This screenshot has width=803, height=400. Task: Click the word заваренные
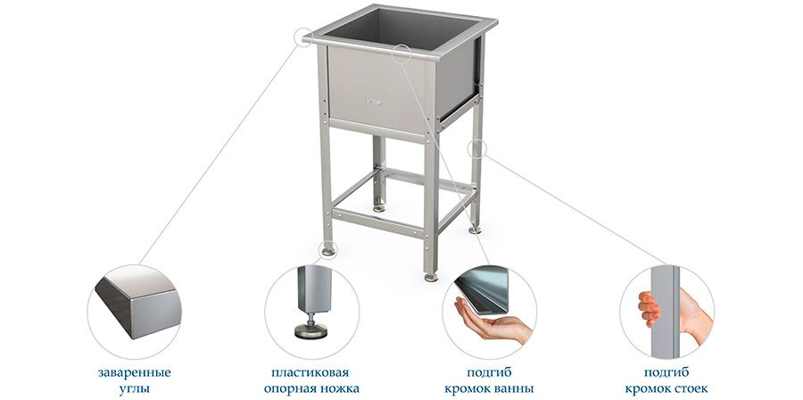pyautogui.click(x=134, y=372)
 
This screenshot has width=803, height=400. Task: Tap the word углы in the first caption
pyautogui.click(x=134, y=388)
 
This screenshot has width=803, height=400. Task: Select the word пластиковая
pyautogui.click(x=310, y=372)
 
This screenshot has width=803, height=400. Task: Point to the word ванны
pyautogui.click(x=513, y=388)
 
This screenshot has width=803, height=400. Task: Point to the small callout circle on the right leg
pyautogui.click(x=476, y=148)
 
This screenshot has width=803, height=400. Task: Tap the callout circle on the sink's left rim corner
pyautogui.click(x=303, y=37)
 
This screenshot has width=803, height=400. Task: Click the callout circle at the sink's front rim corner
pyautogui.click(x=402, y=54)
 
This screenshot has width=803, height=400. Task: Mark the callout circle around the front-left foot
pyautogui.click(x=327, y=250)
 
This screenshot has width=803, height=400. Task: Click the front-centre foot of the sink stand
pyautogui.click(x=431, y=278)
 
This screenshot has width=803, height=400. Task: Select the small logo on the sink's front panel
pyautogui.click(x=372, y=102)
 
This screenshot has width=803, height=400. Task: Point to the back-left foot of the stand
pyautogui.click(x=379, y=208)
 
